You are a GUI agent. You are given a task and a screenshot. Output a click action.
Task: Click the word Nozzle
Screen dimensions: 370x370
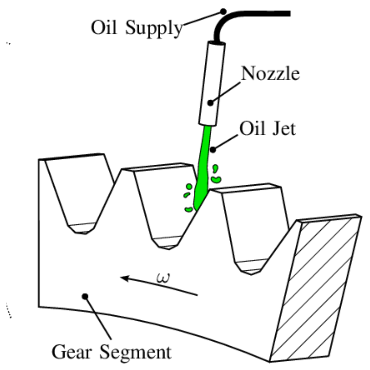point(270,74)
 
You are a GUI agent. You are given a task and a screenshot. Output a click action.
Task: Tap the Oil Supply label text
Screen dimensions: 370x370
point(137,28)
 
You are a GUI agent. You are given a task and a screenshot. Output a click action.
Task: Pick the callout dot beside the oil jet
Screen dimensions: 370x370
point(213,150)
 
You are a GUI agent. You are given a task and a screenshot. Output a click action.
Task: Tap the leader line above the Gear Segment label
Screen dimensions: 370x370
point(98,318)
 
